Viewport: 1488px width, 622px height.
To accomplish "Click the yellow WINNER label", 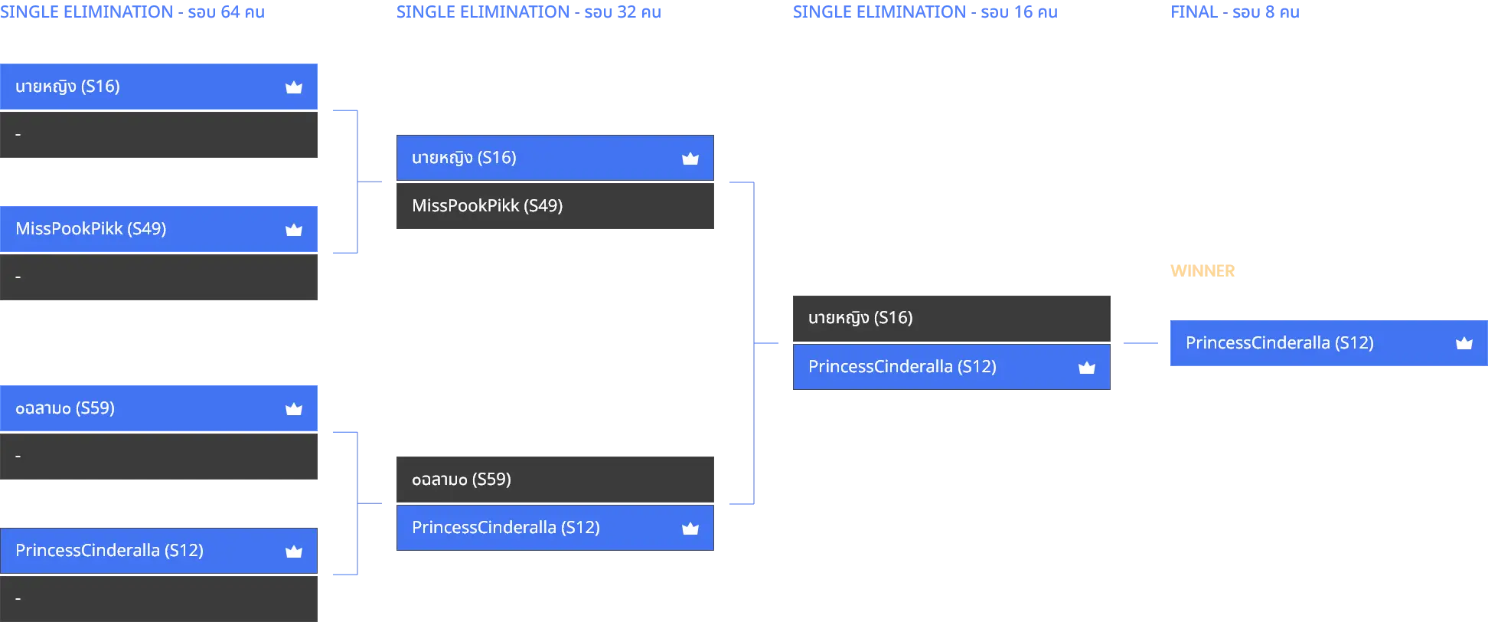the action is (1202, 271).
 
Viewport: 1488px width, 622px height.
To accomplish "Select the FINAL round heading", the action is (1235, 12).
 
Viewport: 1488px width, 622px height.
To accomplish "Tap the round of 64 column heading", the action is (132, 12).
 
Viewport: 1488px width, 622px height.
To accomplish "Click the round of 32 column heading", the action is (529, 12).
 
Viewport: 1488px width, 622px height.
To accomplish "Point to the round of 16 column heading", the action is (925, 12).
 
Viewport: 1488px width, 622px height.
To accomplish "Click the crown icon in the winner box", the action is (1464, 343).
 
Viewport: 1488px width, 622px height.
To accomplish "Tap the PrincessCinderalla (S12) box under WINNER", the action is (1329, 343).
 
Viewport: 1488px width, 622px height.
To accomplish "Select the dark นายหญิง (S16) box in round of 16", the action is (951, 319).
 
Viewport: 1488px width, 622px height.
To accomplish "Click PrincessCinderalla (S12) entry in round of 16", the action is (951, 367).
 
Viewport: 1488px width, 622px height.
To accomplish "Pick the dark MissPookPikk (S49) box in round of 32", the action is (555, 206).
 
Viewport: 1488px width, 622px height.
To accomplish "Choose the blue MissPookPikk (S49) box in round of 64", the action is (158, 229).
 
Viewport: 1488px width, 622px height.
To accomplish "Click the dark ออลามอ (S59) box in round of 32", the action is (555, 480).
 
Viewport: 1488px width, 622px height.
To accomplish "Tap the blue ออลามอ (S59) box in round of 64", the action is (158, 408).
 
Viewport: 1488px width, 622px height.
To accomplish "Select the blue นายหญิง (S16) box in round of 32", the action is (555, 158).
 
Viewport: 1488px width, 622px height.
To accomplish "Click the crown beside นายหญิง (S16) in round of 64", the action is (294, 87).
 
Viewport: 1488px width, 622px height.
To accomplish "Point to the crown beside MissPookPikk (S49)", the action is (294, 230).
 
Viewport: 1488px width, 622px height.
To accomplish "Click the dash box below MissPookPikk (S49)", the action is (158, 277).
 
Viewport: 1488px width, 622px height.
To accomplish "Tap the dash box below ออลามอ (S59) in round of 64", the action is (158, 457).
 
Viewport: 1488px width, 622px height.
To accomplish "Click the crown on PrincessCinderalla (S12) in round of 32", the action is (690, 528).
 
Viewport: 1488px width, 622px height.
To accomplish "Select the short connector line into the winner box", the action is (1140, 343).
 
